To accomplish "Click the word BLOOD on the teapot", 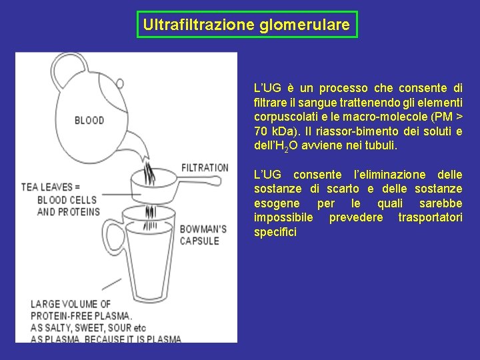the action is (x=89, y=121).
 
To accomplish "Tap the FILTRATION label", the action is (x=205, y=168).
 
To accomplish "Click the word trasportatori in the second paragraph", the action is (x=430, y=218).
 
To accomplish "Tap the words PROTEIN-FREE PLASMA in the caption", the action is (x=81, y=316).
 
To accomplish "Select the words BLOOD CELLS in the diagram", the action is (x=68, y=200).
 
